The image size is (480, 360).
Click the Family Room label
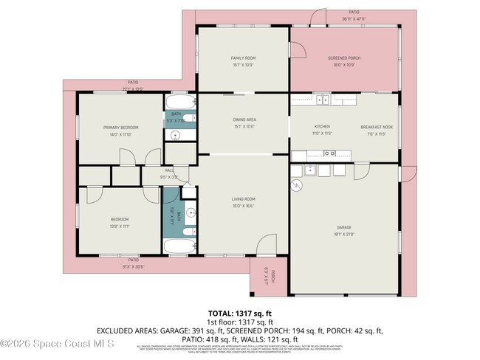(x=242, y=58)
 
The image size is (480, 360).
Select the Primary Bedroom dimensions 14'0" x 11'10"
(x=121, y=135)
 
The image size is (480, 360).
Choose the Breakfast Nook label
(x=375, y=127)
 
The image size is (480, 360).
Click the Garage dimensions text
(x=344, y=235)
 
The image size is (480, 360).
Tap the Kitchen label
(x=322, y=127)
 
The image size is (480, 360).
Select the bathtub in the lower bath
(x=178, y=246)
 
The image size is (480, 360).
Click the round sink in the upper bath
(x=176, y=135)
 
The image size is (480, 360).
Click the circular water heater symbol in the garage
(x=297, y=184)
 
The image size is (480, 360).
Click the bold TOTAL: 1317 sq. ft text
(x=239, y=313)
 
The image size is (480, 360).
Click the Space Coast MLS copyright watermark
(x=57, y=343)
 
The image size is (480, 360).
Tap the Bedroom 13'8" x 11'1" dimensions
(x=120, y=226)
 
